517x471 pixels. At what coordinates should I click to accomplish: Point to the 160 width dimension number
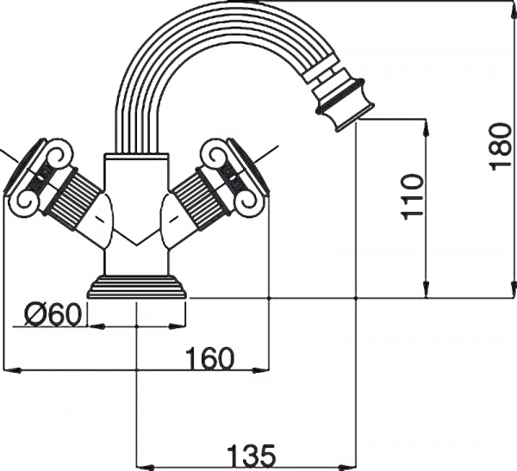pyautogui.click(x=209, y=358)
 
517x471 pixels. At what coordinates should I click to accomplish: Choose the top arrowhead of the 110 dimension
pyautogui.click(x=425, y=125)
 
